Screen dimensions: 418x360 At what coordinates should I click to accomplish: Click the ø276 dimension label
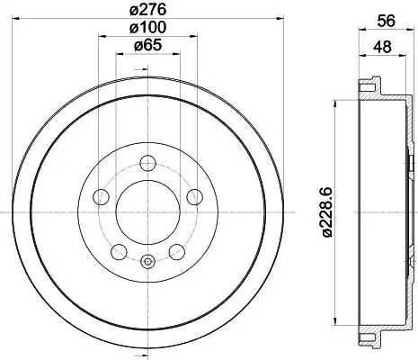[x=147, y=10]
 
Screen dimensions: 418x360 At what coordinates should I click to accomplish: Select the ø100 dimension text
[x=147, y=28]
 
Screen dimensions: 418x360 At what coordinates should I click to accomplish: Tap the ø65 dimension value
[x=147, y=45]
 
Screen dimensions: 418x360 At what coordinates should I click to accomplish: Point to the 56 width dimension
[x=387, y=21]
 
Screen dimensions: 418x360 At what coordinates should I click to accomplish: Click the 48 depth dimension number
[x=382, y=47]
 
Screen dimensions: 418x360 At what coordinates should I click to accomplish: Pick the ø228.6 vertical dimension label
[x=327, y=212]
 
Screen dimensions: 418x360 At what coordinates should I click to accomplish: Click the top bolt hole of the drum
[x=148, y=164]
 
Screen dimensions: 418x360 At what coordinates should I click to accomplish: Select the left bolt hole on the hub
[x=102, y=197]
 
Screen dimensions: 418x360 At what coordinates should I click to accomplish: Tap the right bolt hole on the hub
[x=194, y=197]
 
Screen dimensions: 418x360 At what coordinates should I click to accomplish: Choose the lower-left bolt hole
[x=119, y=252]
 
